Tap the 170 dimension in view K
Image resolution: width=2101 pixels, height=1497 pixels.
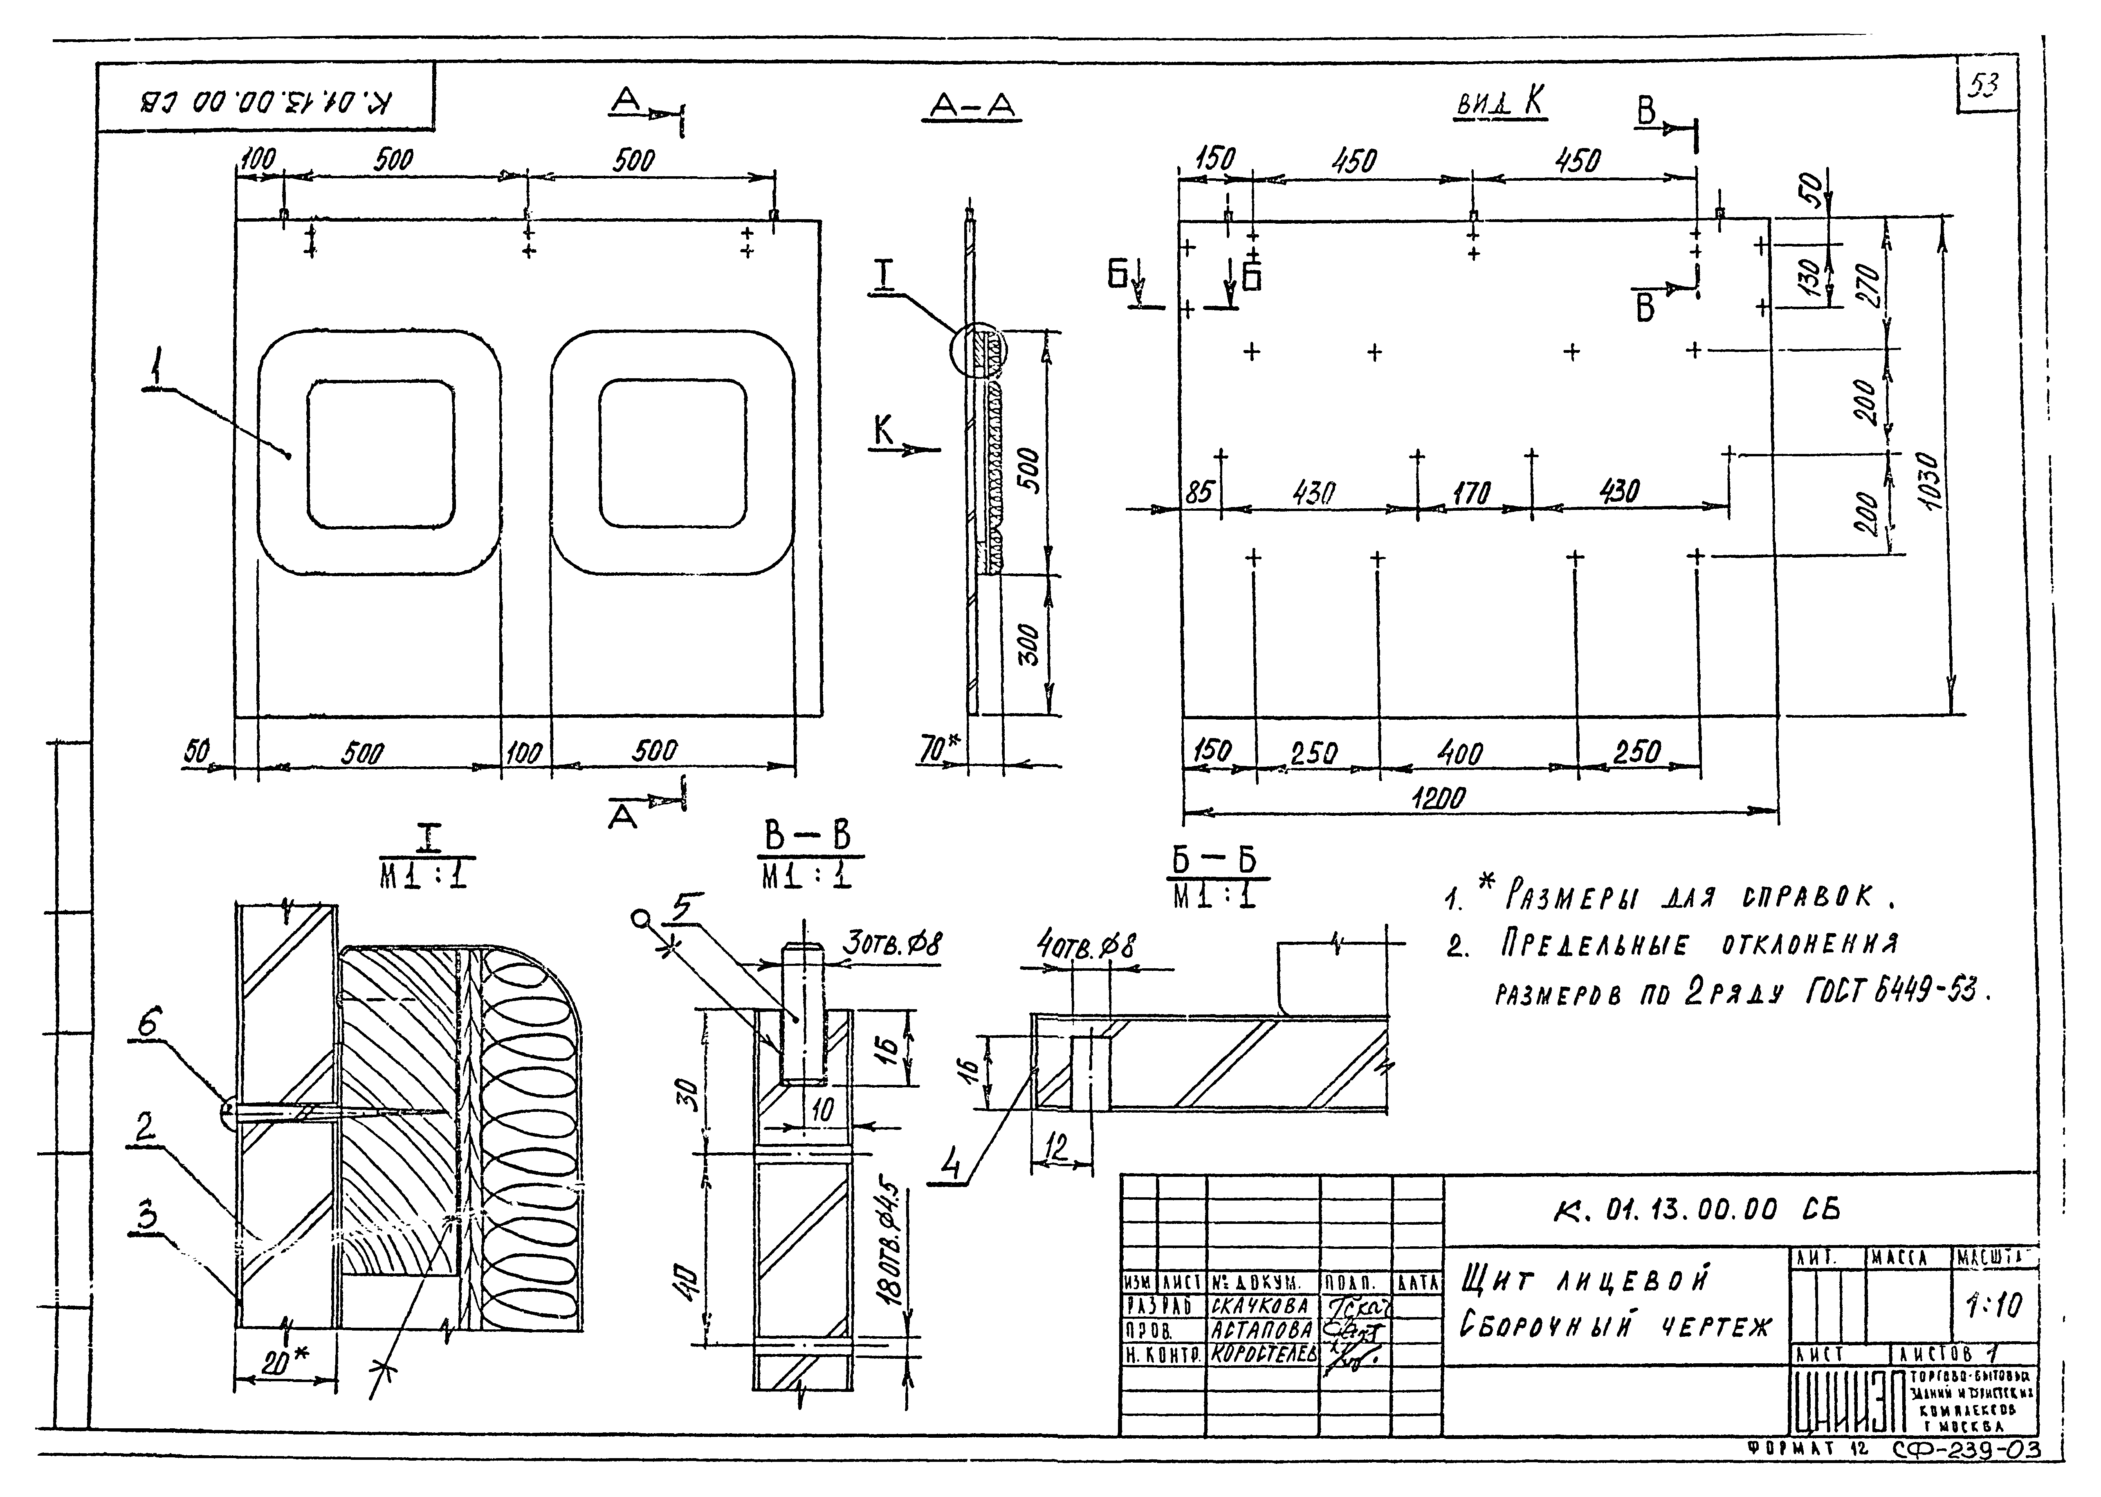pyautogui.click(x=1471, y=494)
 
